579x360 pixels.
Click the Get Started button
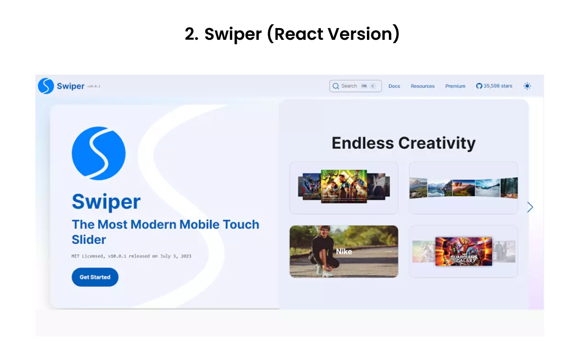pos(95,277)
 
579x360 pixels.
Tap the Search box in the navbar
pos(355,86)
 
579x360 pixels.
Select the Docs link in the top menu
pos(394,86)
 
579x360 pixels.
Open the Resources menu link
pos(422,86)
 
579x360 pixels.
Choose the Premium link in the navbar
pos(455,86)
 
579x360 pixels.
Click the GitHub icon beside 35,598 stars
pos(479,86)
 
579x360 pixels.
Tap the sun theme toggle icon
pos(527,86)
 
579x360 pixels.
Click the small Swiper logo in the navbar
pos(46,86)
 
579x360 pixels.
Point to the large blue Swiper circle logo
pos(99,153)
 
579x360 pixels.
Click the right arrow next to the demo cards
pos(530,207)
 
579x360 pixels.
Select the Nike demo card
pos(343,251)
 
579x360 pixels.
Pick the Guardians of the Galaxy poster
pos(463,251)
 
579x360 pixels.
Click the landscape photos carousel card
pos(463,188)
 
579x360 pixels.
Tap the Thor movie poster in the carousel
pos(343,186)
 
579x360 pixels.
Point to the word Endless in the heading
pos(363,143)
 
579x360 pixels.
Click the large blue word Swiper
pos(106,202)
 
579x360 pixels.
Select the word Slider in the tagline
pos(89,239)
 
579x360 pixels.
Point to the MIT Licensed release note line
pos(127,256)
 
